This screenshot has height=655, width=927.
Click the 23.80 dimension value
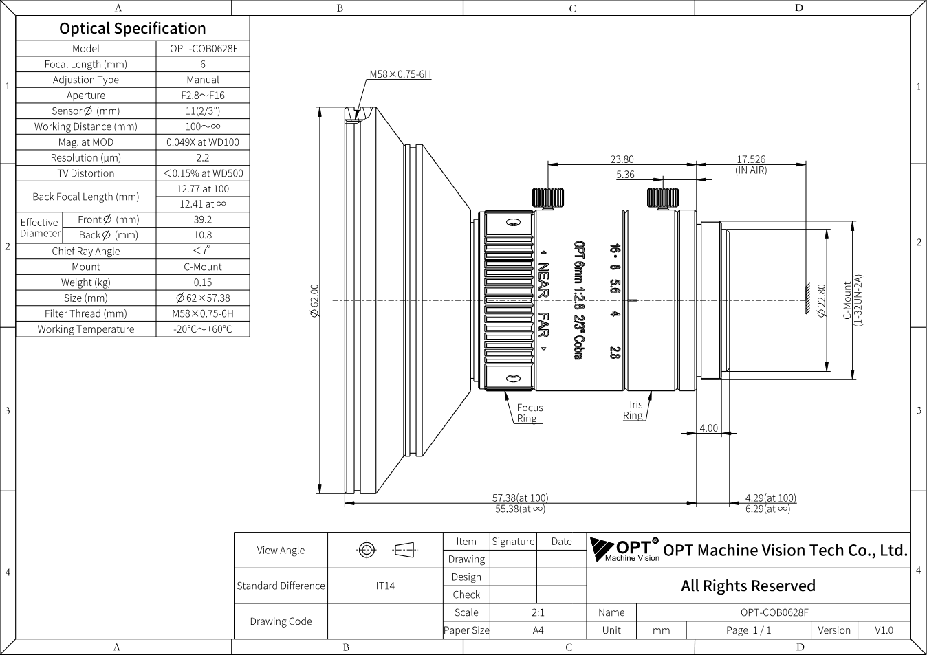[622, 159]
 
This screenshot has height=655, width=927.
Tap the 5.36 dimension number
[625, 175]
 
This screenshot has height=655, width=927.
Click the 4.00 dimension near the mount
[708, 428]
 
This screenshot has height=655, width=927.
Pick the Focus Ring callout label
[530, 413]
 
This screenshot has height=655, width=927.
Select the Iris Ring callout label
[633, 410]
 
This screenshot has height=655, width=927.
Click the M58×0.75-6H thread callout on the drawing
[400, 74]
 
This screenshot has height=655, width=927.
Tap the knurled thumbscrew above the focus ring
[548, 198]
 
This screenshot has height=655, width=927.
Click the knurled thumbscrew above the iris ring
[663, 198]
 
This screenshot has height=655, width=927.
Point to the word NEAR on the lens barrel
[543, 280]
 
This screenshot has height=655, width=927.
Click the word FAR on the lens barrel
[543, 325]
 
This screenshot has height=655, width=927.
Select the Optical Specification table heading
[133, 29]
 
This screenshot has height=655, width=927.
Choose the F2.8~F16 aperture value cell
[203, 96]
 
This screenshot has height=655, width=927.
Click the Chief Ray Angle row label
[86, 251]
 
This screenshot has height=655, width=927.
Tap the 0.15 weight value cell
[203, 282]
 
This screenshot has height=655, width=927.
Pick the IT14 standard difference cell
[385, 586]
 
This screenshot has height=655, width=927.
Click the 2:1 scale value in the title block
[538, 612]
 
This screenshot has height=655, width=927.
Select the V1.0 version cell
[884, 630]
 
